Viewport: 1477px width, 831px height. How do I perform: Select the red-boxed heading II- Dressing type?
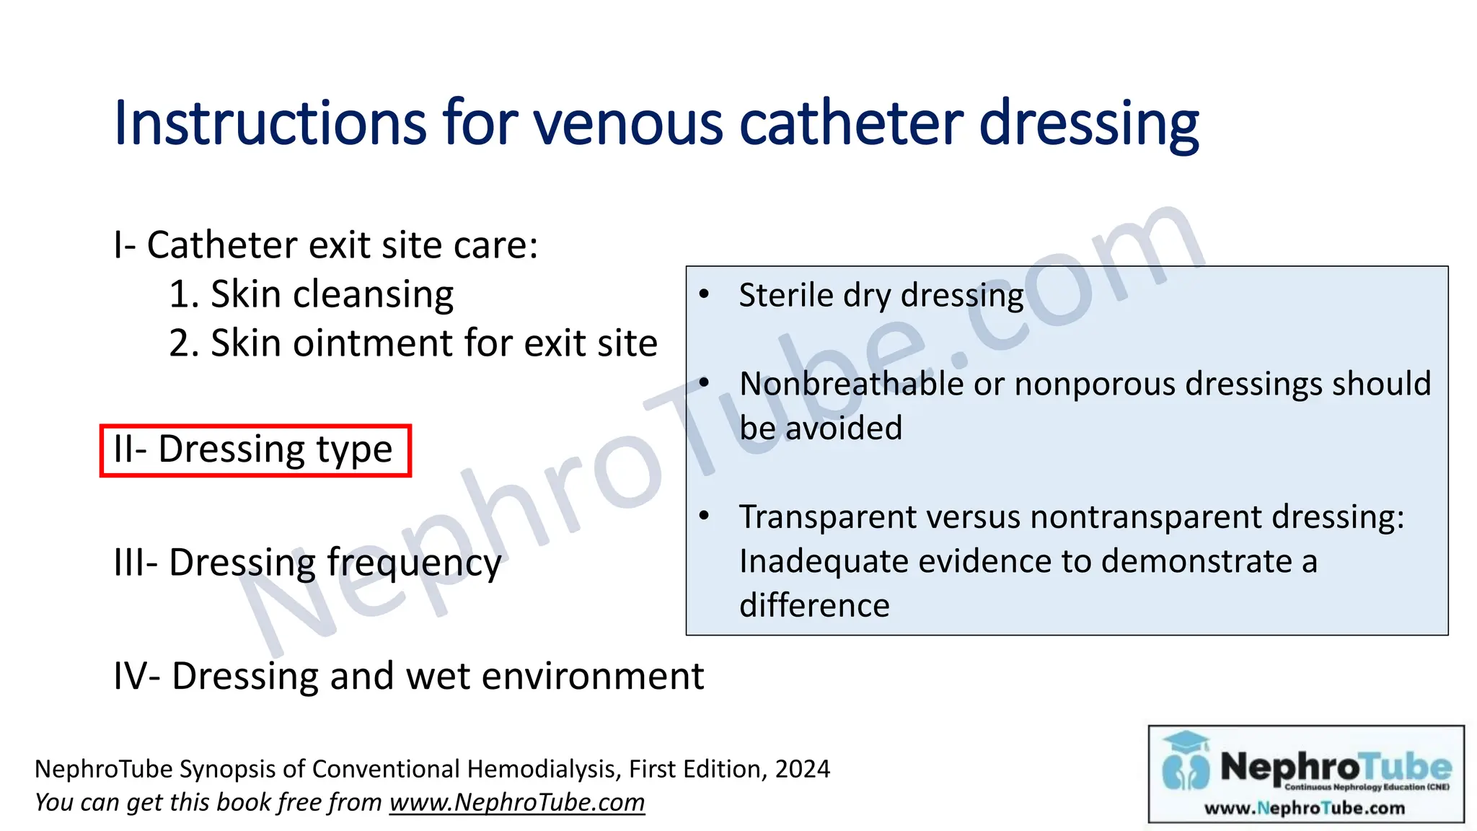point(255,450)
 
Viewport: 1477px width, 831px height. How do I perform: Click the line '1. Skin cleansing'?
point(311,294)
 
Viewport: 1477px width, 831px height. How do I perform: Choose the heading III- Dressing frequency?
point(307,563)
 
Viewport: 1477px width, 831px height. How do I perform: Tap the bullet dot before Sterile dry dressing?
point(705,294)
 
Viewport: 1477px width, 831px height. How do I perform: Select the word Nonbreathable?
point(851,384)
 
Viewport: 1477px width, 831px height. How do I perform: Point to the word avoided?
point(844,428)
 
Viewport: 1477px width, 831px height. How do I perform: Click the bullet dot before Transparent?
point(705,515)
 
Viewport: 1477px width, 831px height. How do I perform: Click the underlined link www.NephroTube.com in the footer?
point(517,803)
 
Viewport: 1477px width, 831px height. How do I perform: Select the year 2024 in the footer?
point(802,769)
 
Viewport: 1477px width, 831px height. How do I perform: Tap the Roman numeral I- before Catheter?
point(125,245)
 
